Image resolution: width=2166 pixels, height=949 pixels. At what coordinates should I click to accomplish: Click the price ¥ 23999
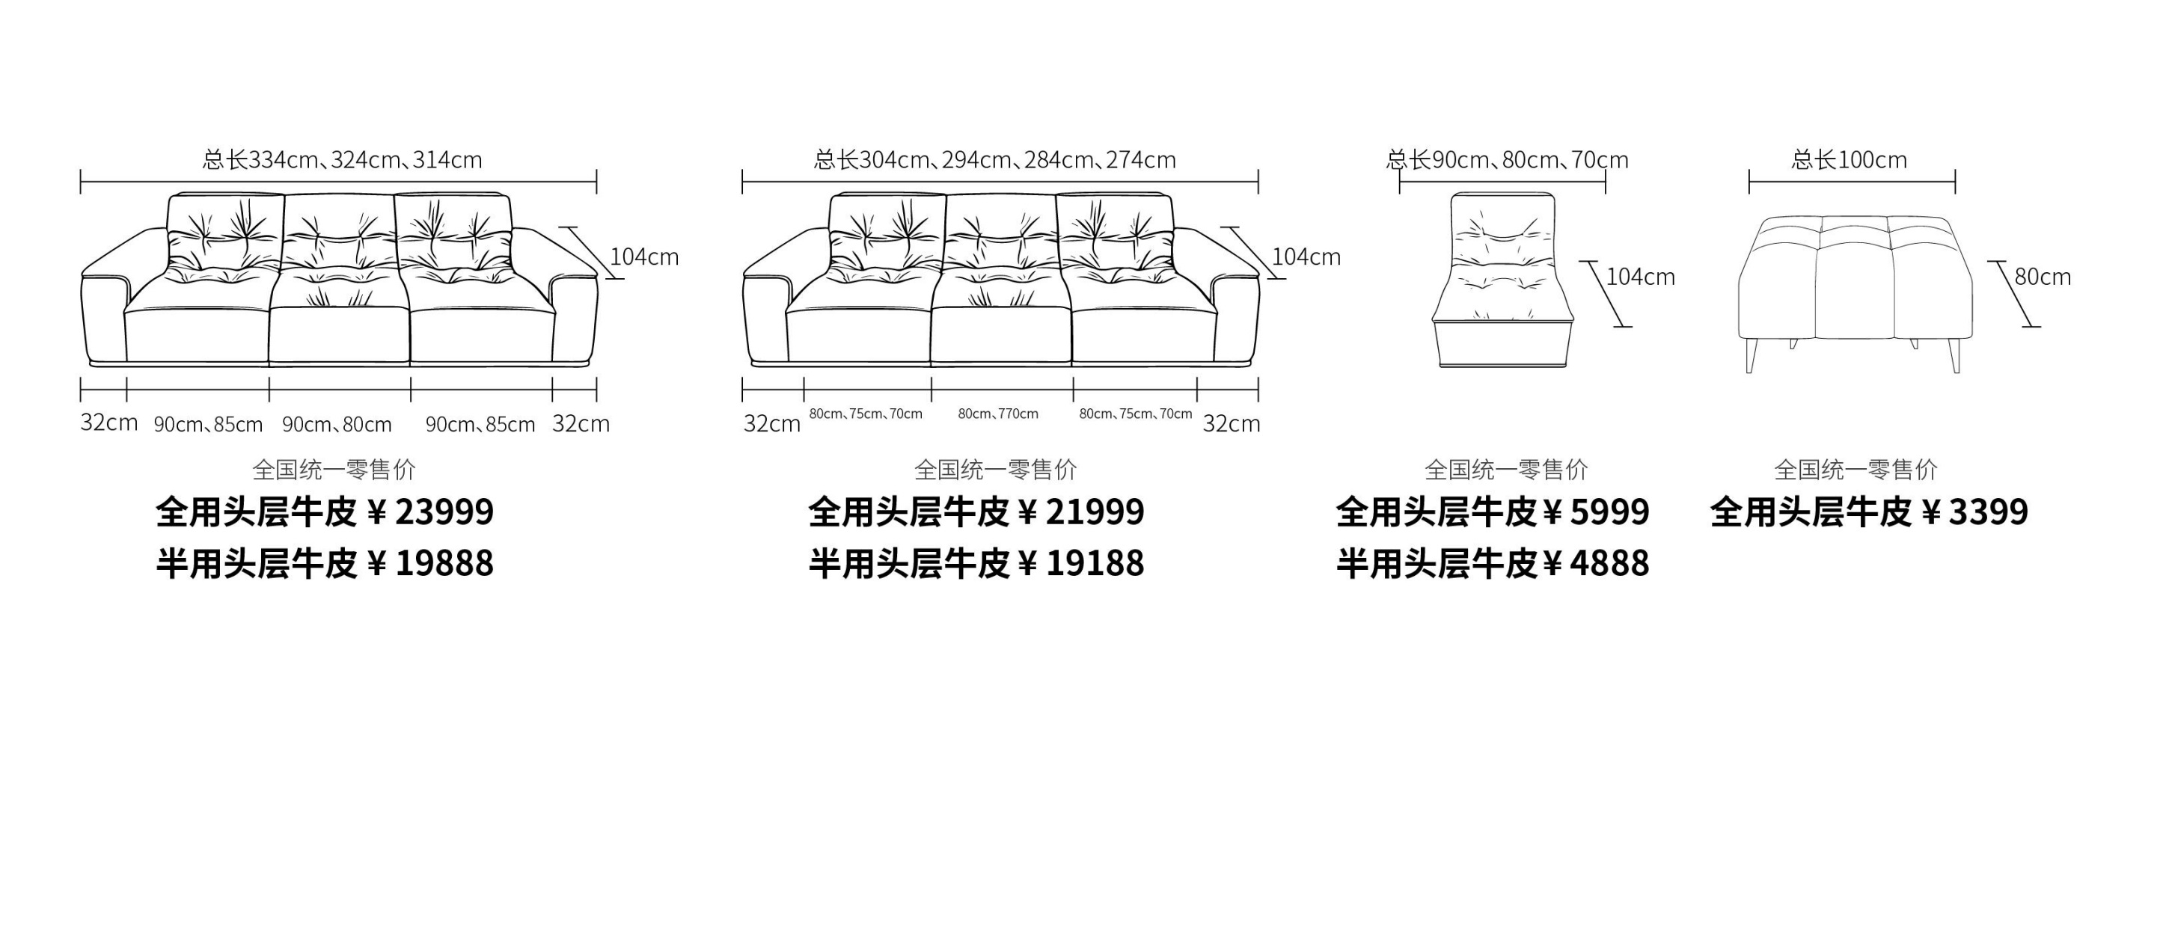(430, 512)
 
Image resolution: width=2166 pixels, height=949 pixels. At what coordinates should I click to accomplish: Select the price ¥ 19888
(430, 563)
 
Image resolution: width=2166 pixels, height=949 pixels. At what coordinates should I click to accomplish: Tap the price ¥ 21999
(1081, 512)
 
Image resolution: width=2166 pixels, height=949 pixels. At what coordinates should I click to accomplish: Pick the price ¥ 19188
(1081, 563)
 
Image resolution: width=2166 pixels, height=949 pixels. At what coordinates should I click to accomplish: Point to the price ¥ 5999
(1597, 512)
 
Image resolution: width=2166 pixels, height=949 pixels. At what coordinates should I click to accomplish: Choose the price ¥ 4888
(1597, 563)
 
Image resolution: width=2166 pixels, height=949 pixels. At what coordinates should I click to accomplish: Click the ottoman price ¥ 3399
(1975, 512)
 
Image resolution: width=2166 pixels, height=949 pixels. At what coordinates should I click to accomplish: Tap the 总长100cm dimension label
(1849, 160)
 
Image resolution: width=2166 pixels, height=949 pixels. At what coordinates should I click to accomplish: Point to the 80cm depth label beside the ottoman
(2043, 277)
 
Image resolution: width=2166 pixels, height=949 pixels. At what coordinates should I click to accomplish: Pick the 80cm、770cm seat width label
(998, 414)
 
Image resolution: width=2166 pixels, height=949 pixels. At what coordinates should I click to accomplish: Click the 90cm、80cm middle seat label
(337, 425)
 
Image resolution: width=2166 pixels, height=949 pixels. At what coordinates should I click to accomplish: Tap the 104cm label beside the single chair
(1641, 277)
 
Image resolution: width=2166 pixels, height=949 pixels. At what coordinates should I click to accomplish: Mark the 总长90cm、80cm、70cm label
(1507, 160)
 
